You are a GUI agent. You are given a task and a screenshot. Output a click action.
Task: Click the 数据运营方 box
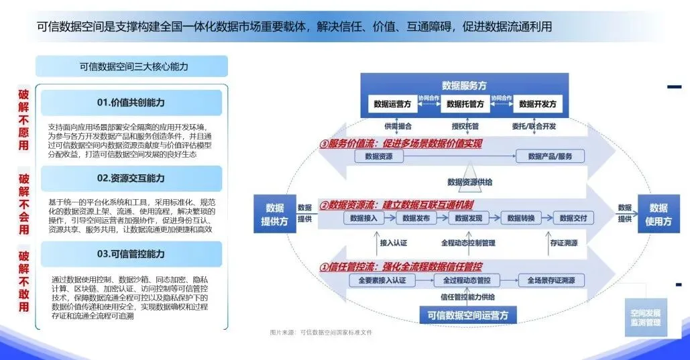[392, 104]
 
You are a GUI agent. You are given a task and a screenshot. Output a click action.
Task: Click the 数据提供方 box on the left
[274, 214]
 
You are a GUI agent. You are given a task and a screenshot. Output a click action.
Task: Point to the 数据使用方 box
[658, 214]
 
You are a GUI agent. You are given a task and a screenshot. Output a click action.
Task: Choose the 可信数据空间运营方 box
[464, 314]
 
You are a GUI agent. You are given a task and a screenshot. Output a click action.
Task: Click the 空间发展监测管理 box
[645, 318]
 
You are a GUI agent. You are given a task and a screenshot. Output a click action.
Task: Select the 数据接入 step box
[364, 218]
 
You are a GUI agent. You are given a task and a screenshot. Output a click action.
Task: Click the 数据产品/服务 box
[551, 156]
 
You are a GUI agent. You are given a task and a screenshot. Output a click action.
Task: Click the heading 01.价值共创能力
[131, 103]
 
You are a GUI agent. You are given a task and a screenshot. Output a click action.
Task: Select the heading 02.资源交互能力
[131, 178]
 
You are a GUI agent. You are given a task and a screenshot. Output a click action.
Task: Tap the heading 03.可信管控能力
[131, 254]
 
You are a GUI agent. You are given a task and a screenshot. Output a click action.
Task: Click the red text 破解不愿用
[23, 120]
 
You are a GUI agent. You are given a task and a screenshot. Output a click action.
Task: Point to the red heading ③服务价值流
[400, 143]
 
